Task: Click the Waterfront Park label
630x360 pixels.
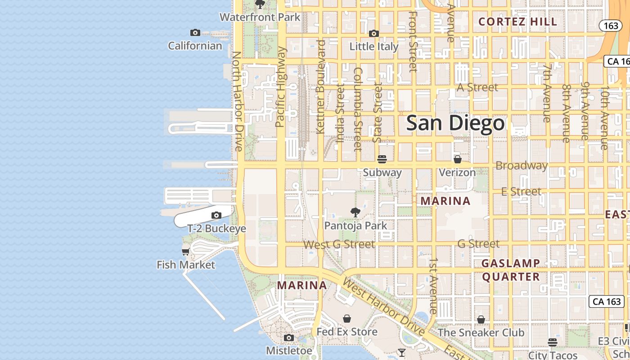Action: point(260,18)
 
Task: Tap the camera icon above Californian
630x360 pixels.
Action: point(195,32)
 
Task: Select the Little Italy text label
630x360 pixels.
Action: point(374,46)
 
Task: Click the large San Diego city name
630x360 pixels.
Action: point(455,123)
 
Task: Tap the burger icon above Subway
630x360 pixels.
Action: point(382,159)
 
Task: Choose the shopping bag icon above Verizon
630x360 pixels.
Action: point(457,159)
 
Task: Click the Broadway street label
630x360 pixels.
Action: point(522,166)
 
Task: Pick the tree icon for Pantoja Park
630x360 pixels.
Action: point(355,212)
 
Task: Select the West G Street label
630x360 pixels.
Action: point(339,244)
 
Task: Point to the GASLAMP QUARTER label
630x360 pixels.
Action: point(511,270)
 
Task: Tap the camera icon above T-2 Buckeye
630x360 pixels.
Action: point(216,215)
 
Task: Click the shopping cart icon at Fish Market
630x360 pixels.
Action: point(185,252)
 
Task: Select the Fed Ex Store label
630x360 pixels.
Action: point(347,332)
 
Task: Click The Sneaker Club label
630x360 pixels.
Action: point(481,333)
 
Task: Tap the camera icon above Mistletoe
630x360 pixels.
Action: point(289,337)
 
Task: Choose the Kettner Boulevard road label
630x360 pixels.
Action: point(321,86)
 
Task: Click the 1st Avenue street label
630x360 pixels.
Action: point(433,286)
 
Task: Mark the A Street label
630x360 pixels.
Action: point(477,87)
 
